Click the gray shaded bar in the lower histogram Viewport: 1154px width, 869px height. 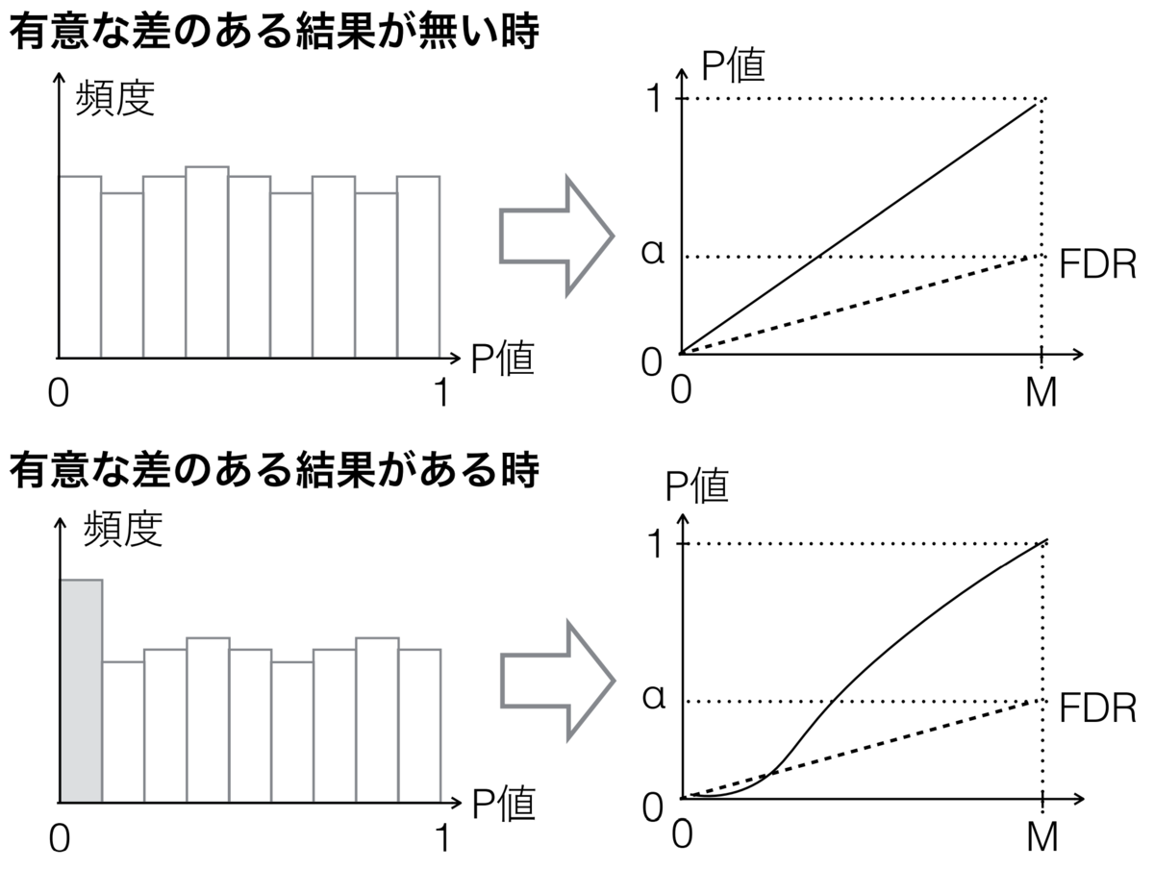[81, 690]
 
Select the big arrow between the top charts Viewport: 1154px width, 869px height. [556, 236]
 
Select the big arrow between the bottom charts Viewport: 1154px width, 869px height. [557, 681]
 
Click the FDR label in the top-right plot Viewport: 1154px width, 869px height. [1098, 263]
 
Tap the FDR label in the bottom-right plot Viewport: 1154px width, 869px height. [1098, 708]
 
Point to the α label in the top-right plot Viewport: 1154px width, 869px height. [653, 252]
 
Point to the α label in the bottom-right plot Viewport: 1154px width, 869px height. [654, 697]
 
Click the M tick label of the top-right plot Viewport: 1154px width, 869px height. [1041, 392]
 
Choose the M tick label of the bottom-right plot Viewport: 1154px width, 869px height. [1042, 836]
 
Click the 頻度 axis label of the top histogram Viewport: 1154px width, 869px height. [115, 98]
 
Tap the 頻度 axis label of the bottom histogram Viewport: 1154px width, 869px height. [123, 529]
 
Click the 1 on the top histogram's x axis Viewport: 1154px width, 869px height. [441, 392]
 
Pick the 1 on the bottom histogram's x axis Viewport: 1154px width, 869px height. [442, 837]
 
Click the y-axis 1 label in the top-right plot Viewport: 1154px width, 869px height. [654, 98]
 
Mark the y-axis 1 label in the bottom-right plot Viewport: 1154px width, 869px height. [655, 543]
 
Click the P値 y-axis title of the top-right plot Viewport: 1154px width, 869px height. [733, 65]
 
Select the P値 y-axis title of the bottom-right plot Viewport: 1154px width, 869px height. [696, 486]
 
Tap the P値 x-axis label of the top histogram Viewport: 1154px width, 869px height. [503, 359]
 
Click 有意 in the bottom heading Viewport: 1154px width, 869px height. [49, 471]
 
